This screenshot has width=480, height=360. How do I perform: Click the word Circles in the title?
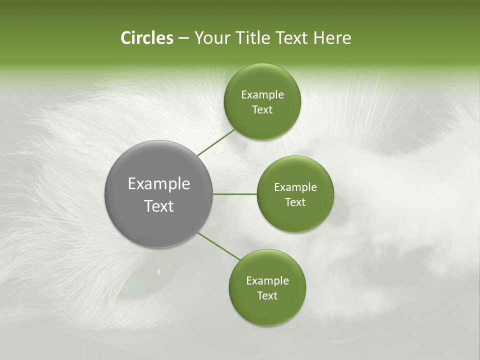[146, 38]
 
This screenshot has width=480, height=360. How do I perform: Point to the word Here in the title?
[332, 38]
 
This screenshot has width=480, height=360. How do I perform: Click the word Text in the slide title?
[292, 38]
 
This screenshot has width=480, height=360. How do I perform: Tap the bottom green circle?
[267, 310]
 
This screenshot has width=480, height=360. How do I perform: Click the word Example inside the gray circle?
[159, 184]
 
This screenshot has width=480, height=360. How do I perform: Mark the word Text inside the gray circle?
[159, 206]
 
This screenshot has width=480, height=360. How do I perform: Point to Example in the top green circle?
[262, 95]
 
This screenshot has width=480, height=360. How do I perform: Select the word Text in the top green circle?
[262, 110]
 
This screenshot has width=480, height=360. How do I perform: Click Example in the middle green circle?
[295, 187]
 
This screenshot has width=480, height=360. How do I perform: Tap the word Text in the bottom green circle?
[267, 296]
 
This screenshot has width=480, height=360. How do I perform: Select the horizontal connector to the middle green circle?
[235, 194]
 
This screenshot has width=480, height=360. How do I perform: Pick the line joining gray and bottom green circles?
[219, 246]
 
